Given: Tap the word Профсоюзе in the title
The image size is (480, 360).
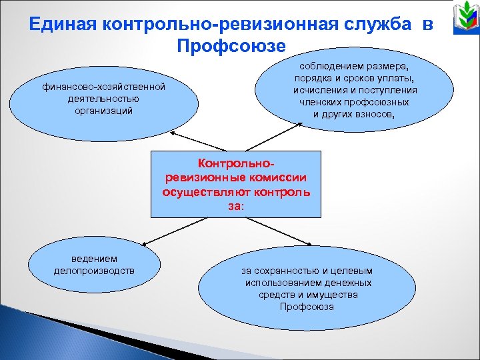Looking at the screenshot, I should (231, 46).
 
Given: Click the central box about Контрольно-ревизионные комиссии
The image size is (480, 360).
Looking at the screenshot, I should (235, 184).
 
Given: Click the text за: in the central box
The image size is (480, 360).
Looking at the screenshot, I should (235, 207).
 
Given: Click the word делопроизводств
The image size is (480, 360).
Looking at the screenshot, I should (94, 271).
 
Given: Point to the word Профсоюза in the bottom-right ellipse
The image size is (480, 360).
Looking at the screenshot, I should (307, 307).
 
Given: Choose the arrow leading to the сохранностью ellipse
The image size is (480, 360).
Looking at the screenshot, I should (290, 234).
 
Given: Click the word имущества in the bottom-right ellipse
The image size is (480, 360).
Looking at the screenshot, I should (331, 295).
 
